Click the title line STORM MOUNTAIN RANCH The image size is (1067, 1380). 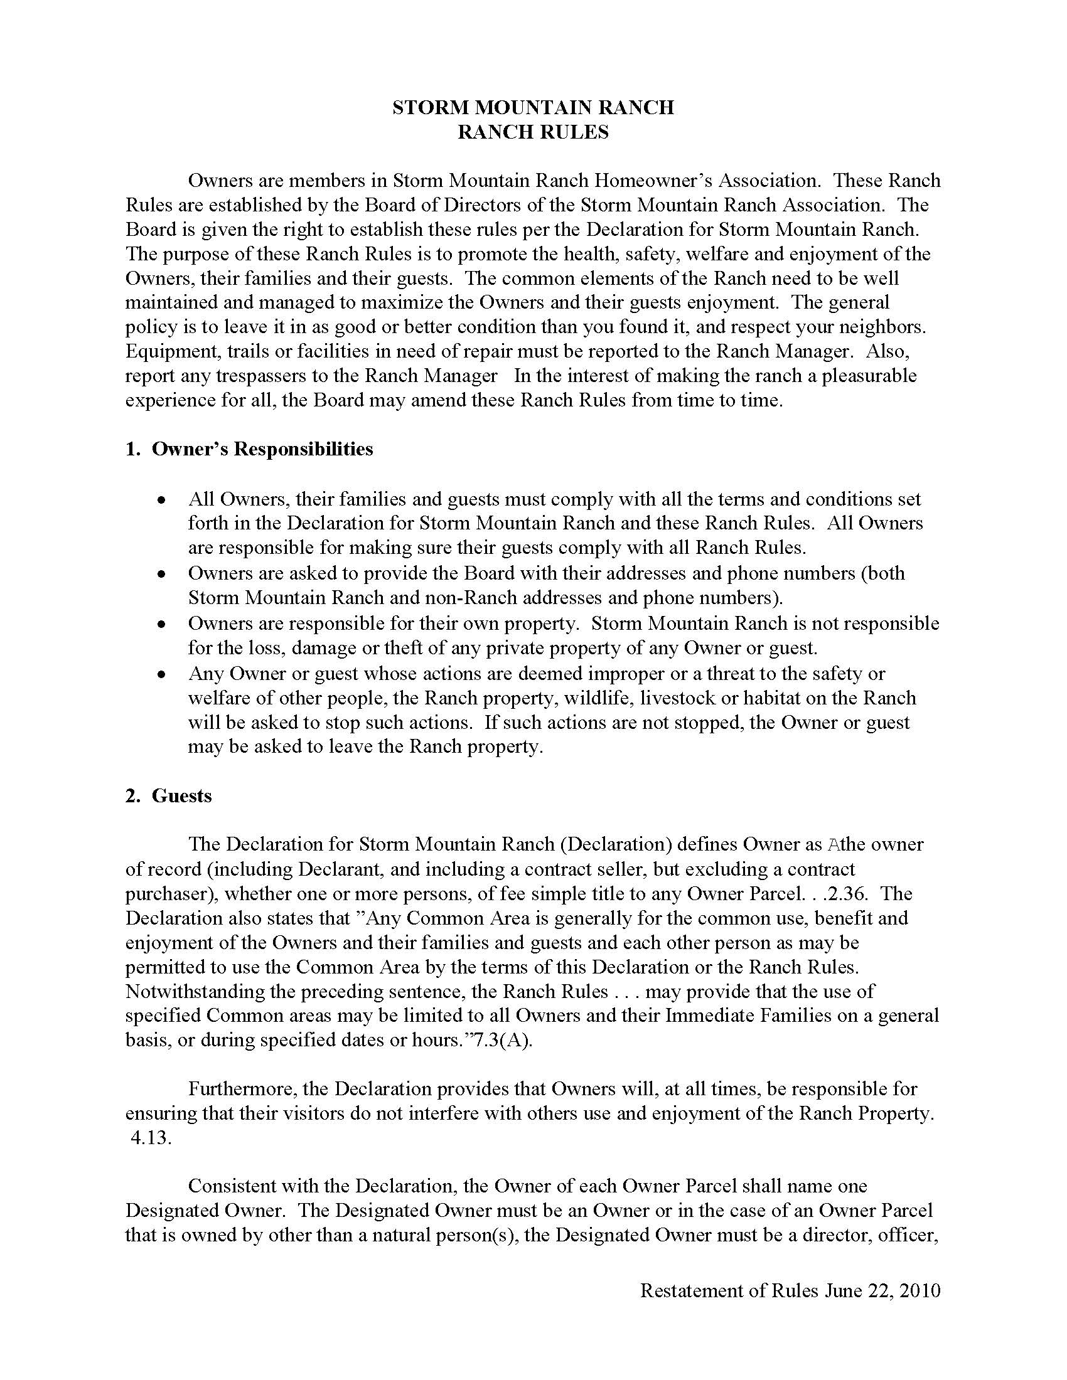point(533,107)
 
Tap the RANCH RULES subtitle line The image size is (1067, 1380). point(533,132)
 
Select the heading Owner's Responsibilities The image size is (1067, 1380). point(262,449)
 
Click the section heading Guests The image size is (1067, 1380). point(181,795)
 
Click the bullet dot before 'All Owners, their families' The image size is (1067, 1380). point(163,500)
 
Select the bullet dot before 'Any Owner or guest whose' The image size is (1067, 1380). point(163,674)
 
